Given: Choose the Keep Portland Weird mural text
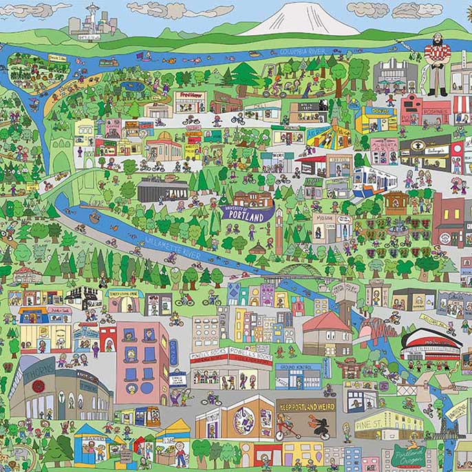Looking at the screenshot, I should click(305, 405).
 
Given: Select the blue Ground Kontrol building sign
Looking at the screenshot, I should click(298, 367).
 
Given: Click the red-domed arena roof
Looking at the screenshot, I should click(431, 339).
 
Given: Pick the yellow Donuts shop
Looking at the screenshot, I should click(376, 118).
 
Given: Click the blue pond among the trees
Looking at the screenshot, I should click(130, 87).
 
